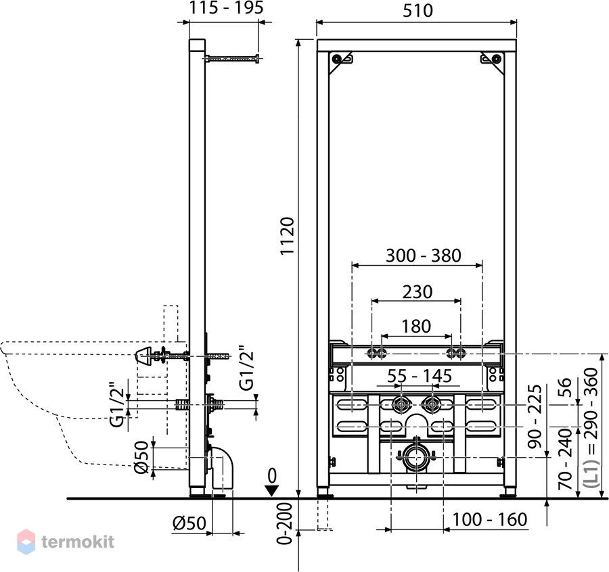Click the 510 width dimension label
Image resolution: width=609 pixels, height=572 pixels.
coord(418,11)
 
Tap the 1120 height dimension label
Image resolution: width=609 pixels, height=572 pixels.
coord(288,236)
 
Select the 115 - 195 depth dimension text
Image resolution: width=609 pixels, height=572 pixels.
coord(226,7)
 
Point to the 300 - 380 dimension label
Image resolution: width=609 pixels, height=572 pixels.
coord(424,256)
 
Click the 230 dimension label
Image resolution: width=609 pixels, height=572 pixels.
coord(417,292)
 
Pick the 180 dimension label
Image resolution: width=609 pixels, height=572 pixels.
coord(416,327)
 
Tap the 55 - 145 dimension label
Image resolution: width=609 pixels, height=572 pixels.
coord(420,376)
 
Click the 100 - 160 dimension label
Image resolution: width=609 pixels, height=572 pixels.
coord(490,519)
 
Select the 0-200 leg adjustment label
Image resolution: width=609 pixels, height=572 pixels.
coord(286,523)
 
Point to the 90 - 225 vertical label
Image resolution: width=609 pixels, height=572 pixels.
coord(535,416)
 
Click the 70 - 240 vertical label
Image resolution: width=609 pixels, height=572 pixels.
coord(565,459)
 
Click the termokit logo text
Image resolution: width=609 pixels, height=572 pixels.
coord(78,542)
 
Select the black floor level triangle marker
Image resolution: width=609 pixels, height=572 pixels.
coord(272,490)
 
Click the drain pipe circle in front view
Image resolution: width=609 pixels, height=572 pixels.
coord(417,457)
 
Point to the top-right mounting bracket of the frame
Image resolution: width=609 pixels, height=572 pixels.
coord(493,62)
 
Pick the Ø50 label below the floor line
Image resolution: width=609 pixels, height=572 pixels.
coord(189,523)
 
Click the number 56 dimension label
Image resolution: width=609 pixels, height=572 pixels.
coord(565,387)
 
